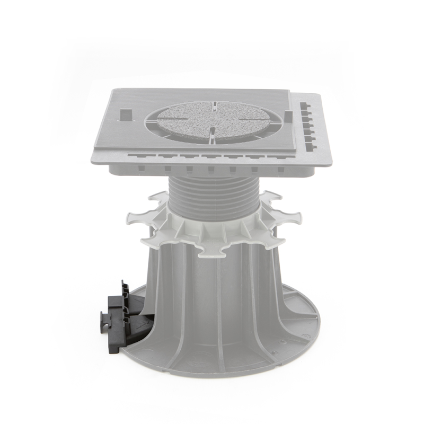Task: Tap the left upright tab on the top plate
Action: click(125, 114)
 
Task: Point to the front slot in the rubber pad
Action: click(211, 134)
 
